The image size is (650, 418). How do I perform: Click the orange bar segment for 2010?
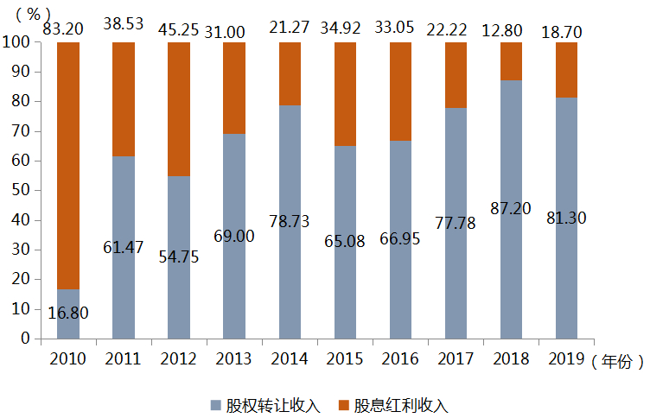68,164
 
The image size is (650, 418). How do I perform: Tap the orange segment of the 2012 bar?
179,109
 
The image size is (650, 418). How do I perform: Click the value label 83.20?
65,29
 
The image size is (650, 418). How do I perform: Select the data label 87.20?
511,209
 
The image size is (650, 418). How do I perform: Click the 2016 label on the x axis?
401,358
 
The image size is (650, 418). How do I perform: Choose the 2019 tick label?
566,358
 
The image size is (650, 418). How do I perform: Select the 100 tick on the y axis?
18,42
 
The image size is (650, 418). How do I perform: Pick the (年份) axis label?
618,361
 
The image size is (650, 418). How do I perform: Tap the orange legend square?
343,403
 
